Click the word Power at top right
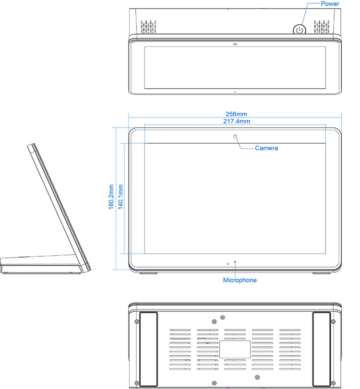coord(330,4)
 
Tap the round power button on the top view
coord(299,29)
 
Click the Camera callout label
coord(266,148)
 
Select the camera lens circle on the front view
coord(236,137)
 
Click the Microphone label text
coord(240,280)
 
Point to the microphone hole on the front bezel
coord(235,262)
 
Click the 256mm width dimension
coord(236,114)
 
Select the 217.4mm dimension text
coord(236,121)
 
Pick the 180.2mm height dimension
coord(111,197)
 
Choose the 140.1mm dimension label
coord(120,197)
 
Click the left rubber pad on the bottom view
coord(148,349)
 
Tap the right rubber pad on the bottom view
coord(322,349)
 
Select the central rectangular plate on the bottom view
coord(235,349)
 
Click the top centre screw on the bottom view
coord(222,318)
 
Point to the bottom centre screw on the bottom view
coord(257,377)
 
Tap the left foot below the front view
coord(148,274)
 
